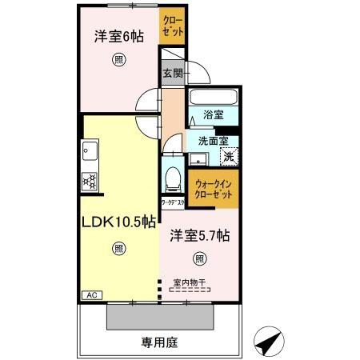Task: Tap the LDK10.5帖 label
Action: click(118, 223)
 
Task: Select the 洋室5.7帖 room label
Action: click(200, 236)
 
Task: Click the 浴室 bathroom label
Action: click(213, 114)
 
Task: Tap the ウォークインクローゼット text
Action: click(214, 189)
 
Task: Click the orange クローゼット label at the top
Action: click(172, 26)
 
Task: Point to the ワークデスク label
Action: click(174, 202)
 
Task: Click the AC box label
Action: click(92, 295)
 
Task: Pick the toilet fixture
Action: click(172, 174)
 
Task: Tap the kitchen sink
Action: click(89, 151)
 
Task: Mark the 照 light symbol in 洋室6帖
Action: click(118, 58)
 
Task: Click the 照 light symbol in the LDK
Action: click(118, 248)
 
